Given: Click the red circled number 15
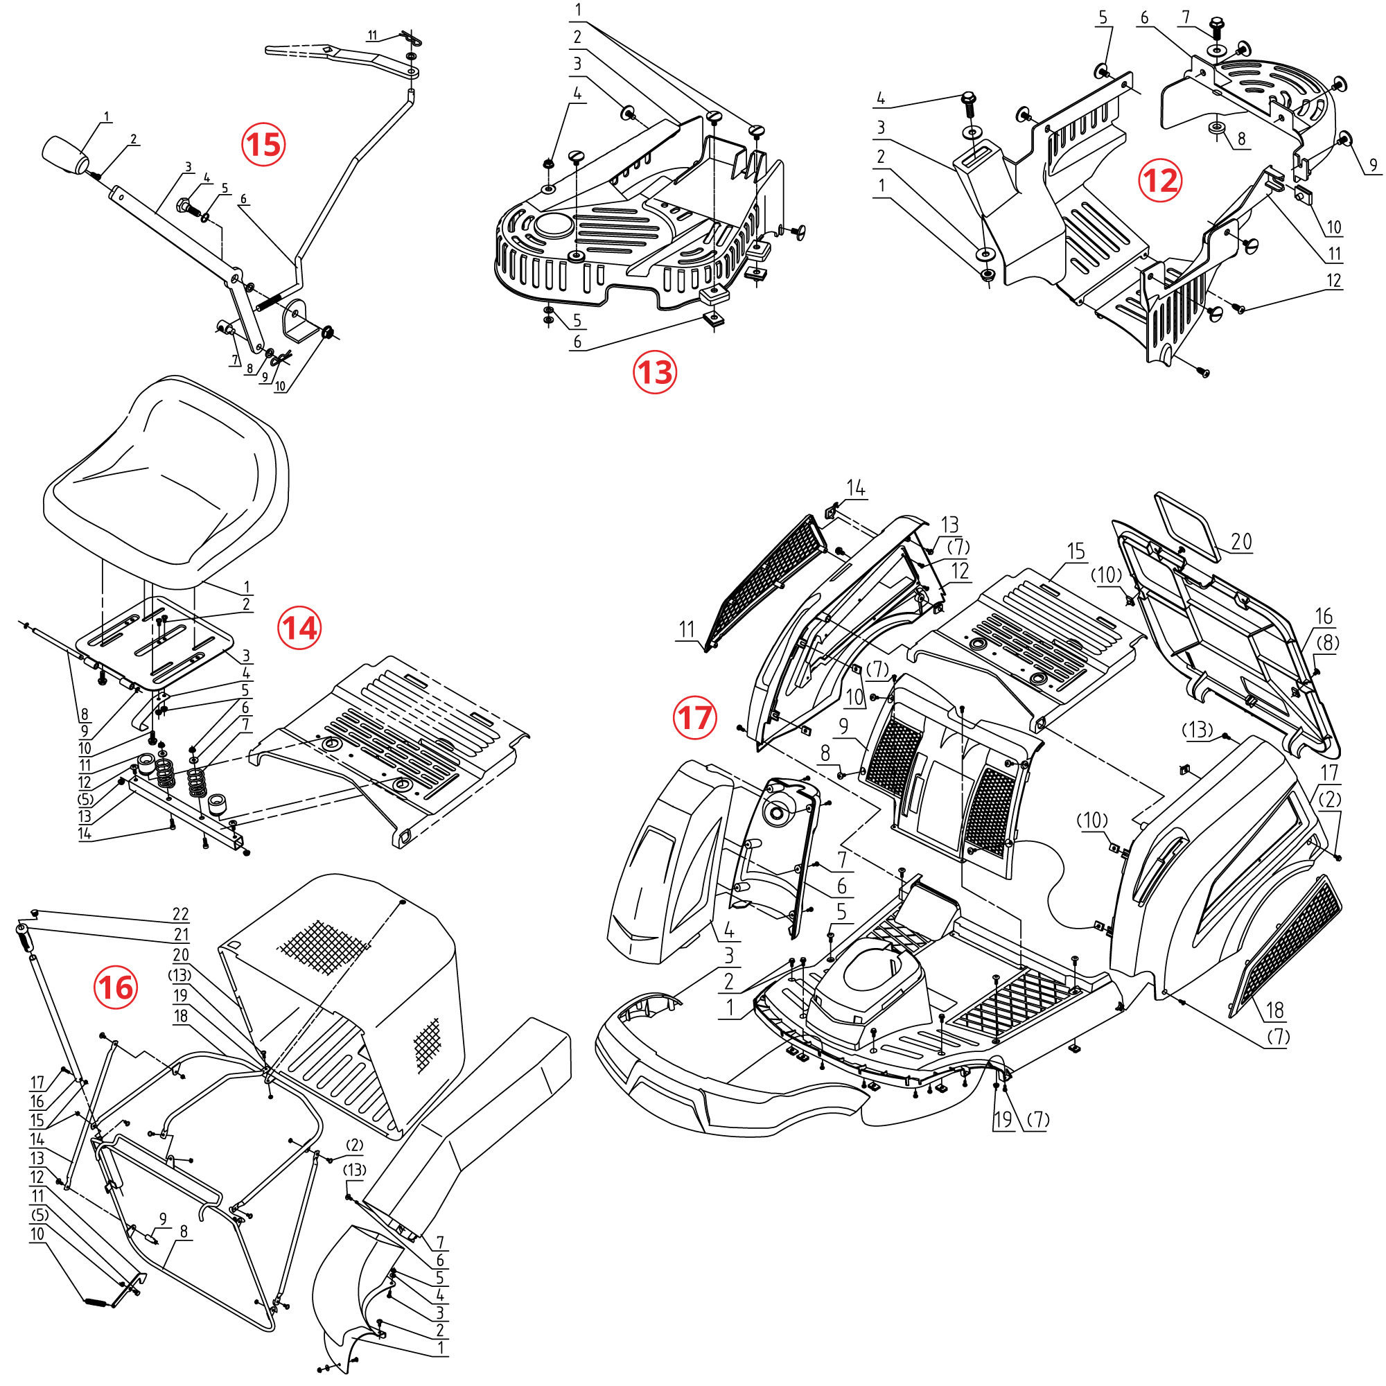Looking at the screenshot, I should coord(263,144).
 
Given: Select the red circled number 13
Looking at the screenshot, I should coord(654,371).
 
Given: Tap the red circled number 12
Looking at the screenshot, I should coord(1160,180).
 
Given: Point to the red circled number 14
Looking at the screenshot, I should coord(299,629).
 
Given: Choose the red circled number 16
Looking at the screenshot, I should coord(116,987).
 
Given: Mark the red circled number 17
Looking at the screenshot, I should coord(694,717).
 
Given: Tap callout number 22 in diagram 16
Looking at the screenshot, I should coord(181,914).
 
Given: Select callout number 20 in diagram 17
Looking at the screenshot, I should coord(1242,542).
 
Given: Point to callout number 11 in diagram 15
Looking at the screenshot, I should coord(372,36).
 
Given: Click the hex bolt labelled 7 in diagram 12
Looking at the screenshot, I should coord(1216,27).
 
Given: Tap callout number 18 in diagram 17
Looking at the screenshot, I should coord(1275,1010).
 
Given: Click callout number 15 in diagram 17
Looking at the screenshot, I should coord(1076,551).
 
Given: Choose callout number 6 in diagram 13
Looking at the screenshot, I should coord(577,342).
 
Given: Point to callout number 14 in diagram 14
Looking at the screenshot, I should coord(85,834).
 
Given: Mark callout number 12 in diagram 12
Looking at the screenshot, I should coord(1333,280).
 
